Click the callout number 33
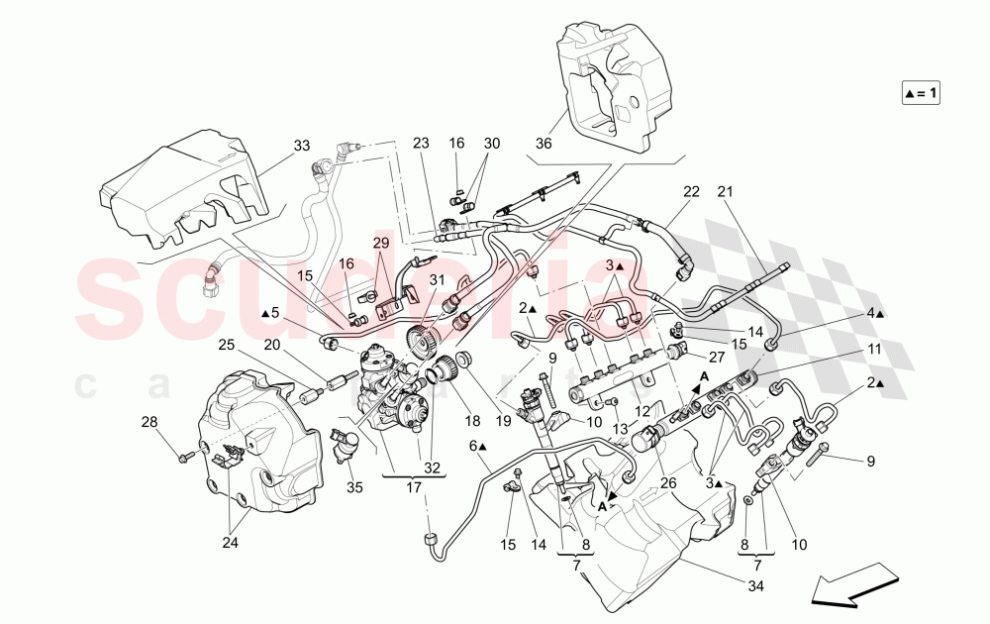[x=301, y=147]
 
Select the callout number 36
[x=543, y=143]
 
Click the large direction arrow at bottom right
[x=849, y=583]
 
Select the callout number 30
[x=492, y=143]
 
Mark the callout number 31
[x=436, y=281]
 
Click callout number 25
[x=227, y=344]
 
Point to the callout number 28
[x=149, y=423]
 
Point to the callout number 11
[x=874, y=349]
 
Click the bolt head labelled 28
[x=185, y=457]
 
